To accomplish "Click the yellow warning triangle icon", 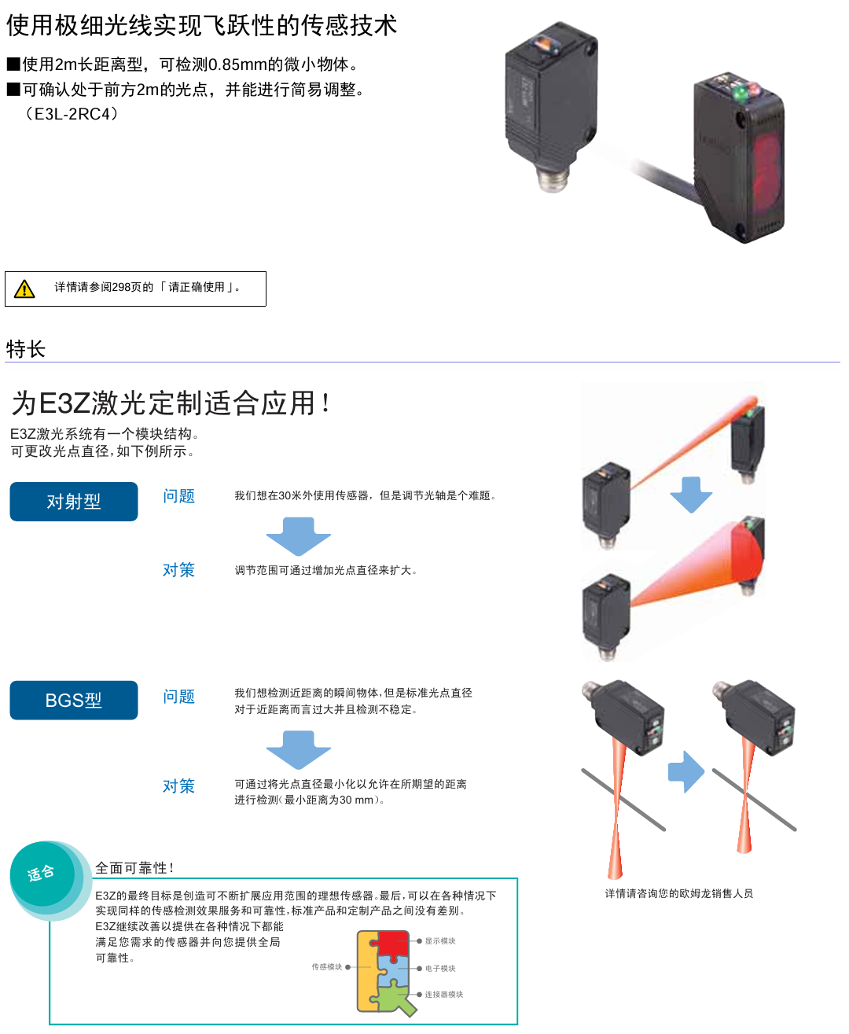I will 24,289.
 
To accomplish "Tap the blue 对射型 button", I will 74,502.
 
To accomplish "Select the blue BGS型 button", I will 74,701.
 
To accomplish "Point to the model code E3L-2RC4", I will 72,114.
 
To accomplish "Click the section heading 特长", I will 26,349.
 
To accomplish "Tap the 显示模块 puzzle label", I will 440,941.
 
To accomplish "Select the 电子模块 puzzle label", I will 440,969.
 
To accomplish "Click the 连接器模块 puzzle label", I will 444,995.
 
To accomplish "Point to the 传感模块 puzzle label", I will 327,967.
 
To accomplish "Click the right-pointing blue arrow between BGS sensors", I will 685,771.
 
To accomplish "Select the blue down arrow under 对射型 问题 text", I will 299,536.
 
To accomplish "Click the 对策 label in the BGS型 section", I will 178,786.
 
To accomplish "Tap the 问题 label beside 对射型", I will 178,496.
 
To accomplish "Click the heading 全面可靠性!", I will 134,868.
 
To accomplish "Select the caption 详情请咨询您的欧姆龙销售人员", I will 678,893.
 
